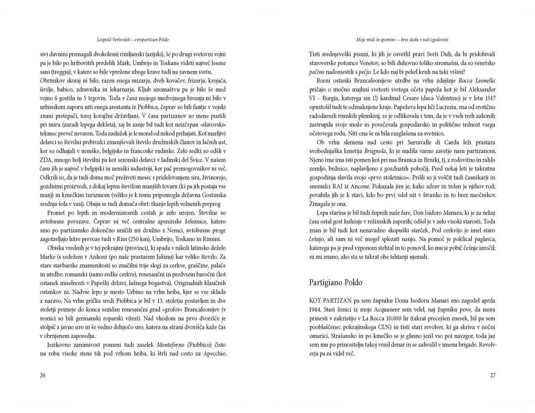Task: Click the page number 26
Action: [43, 375]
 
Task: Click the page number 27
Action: [492, 375]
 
